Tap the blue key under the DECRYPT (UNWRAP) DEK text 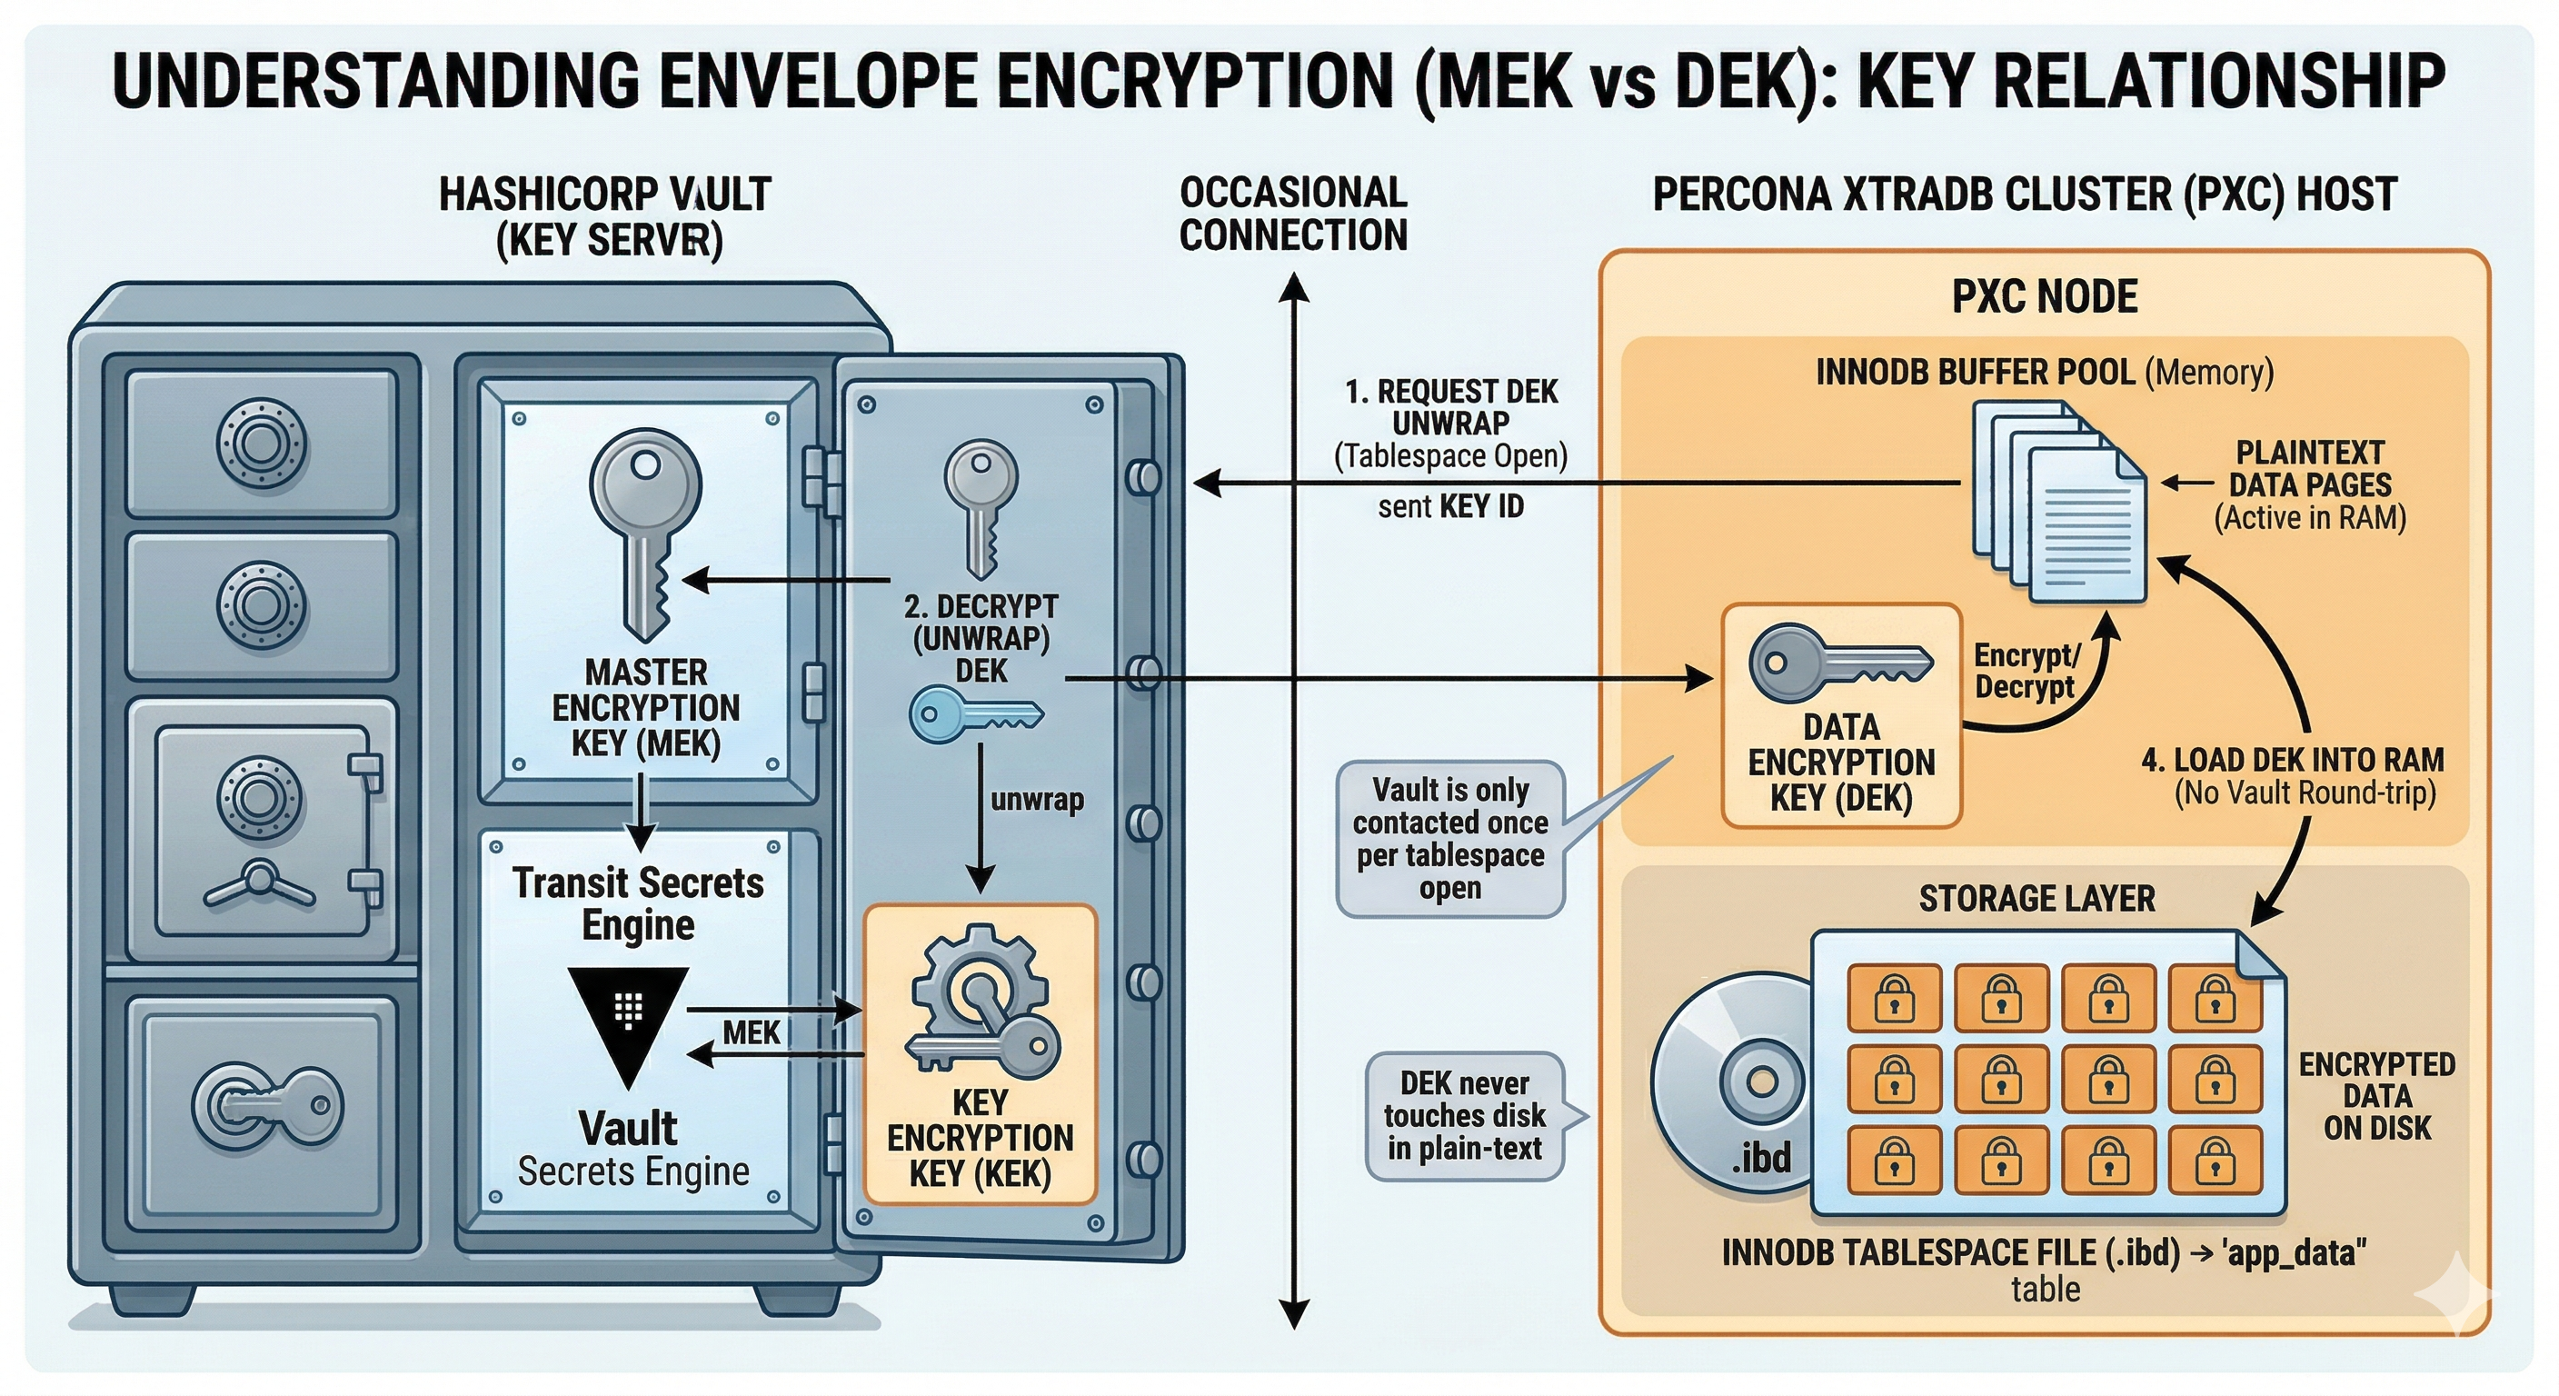coord(974,714)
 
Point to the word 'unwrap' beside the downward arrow coord(1036,800)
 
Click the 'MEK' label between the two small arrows coord(751,1033)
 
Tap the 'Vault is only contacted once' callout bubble coord(1449,839)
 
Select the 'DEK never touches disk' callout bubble coord(1464,1116)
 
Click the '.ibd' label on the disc coord(1761,1158)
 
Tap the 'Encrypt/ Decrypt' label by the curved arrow coord(2026,671)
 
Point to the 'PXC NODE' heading coord(2045,297)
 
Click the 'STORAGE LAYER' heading coord(2036,898)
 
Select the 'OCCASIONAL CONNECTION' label coord(1292,214)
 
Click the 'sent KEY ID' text coord(1449,507)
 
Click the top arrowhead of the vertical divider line coord(1292,288)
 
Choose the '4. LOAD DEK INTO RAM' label coord(2292,761)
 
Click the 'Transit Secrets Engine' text coord(638,903)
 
